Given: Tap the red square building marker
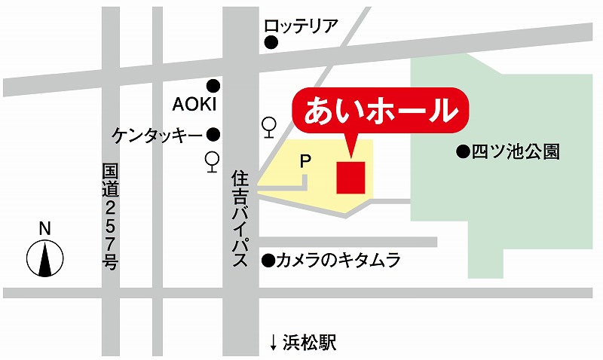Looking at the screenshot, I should pos(350,177).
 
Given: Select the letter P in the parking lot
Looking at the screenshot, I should pos(305,160).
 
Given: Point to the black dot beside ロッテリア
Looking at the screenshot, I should pos(269,44).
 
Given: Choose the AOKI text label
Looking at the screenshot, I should pos(194,103).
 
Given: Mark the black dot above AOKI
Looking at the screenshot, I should pos(214,85).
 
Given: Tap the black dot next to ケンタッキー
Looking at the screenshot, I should pos(214,136).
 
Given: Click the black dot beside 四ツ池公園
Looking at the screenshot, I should pos(462,152).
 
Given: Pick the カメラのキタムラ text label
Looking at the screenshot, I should pos(336,261).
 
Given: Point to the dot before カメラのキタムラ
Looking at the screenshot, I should pos(267,261).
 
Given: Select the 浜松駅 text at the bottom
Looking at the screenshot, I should pos(309,343).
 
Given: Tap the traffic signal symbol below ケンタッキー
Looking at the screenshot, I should pos(213,161).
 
